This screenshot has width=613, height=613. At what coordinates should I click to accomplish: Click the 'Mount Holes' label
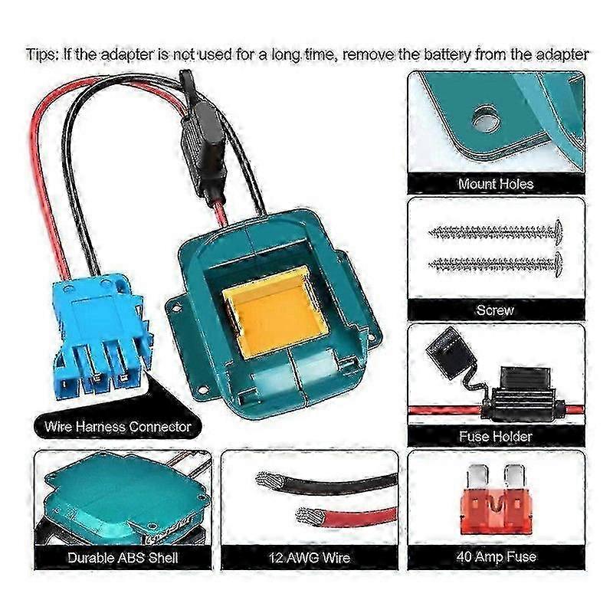click(x=496, y=183)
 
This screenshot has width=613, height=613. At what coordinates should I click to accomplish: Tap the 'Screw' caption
click(x=495, y=310)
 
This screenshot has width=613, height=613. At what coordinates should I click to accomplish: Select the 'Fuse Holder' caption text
click(x=496, y=436)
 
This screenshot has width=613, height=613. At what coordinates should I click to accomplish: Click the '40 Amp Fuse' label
click(x=496, y=556)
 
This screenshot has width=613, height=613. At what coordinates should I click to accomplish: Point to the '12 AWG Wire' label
click(x=310, y=558)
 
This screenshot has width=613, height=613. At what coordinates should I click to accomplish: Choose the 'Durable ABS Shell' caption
click(x=123, y=558)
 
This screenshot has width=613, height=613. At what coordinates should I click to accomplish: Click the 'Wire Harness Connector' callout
click(x=118, y=426)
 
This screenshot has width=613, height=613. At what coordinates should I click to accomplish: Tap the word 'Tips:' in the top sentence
click(x=42, y=54)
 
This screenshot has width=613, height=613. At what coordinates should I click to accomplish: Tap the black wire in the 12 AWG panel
click(x=327, y=484)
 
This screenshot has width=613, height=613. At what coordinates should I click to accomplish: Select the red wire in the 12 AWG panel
click(x=346, y=516)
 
